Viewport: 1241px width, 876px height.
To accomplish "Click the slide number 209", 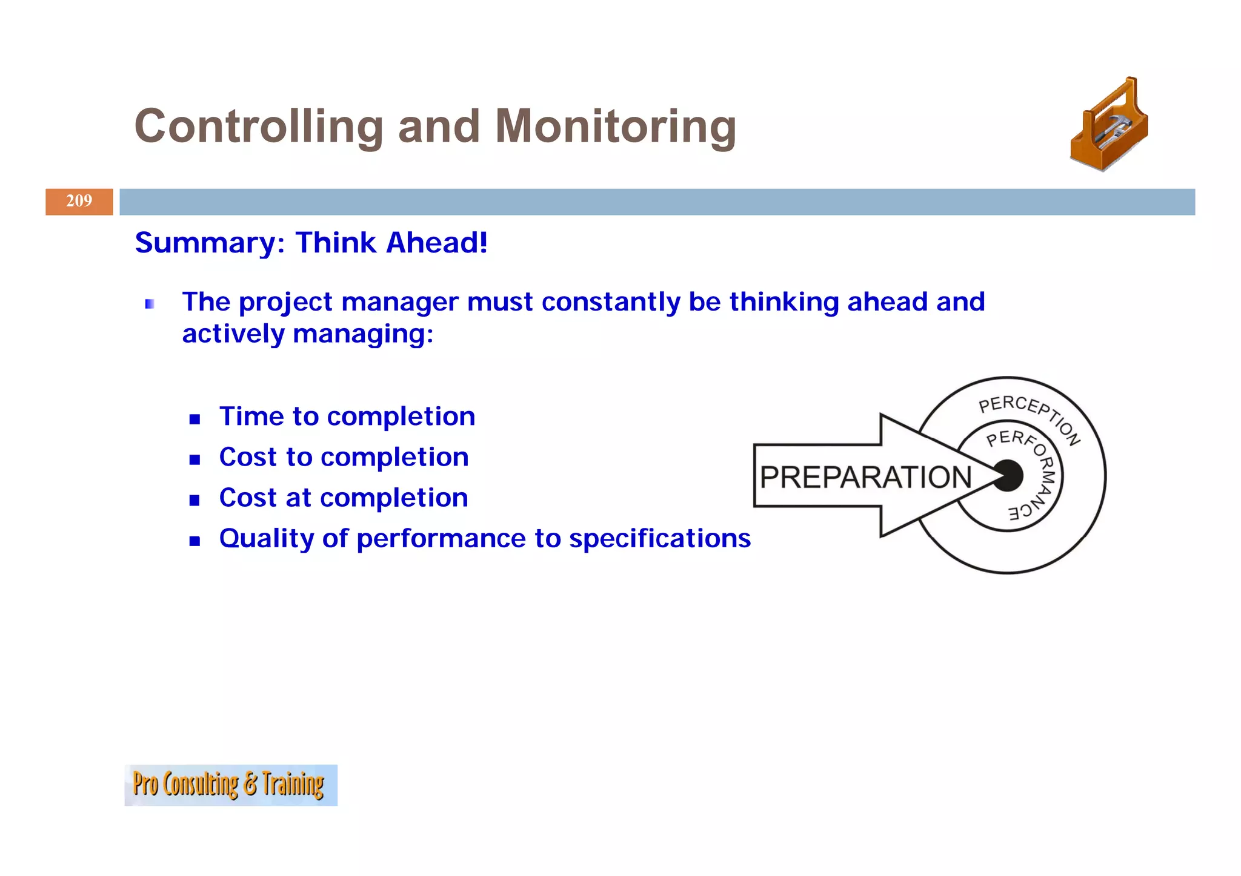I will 79,201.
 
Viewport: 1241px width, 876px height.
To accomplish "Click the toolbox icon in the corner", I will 1110,125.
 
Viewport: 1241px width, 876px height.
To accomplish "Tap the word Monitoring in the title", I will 616,127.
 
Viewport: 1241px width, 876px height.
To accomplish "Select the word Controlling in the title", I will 259,127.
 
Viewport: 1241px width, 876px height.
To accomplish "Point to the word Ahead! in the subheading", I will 436,243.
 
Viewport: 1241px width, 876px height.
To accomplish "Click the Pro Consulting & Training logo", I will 230,785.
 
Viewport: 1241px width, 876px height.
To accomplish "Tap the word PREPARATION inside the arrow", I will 865,478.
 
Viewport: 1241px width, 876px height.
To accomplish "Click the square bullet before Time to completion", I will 195,419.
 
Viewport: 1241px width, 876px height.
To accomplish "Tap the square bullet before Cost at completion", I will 195,500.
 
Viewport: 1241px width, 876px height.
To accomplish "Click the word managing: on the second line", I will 363,334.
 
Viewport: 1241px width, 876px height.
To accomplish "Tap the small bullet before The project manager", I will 150,304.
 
